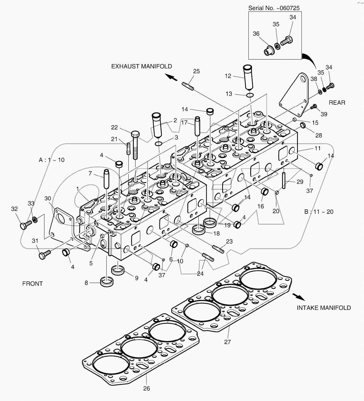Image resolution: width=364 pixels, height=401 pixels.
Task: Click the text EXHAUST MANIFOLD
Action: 141,66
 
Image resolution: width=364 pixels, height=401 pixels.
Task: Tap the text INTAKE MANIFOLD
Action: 324,308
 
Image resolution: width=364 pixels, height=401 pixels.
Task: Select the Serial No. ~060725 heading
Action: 274,8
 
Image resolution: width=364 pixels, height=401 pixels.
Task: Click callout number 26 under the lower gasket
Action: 147,388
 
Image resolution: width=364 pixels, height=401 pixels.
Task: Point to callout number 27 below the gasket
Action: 228,342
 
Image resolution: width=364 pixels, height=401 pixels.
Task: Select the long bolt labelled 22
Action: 135,146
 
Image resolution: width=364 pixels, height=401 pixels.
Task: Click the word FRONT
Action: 32,284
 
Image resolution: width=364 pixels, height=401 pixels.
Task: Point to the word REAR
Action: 337,103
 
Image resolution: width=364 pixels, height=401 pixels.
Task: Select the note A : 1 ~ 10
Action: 52,160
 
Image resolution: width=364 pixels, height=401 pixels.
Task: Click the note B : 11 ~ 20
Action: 319,212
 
